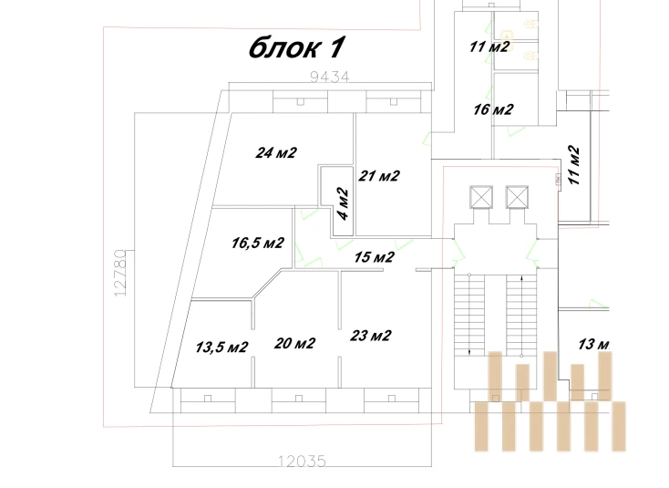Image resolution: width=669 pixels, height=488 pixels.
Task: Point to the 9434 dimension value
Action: point(330,78)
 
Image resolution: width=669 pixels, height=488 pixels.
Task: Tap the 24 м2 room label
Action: point(277,152)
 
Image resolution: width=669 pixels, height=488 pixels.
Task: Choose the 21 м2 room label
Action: point(379,175)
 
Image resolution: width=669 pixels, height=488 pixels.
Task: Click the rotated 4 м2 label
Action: point(343,205)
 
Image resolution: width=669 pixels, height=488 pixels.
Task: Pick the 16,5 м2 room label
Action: point(258,244)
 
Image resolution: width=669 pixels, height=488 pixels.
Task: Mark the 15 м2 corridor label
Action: point(374,257)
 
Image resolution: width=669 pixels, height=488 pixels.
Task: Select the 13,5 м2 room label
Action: point(222,347)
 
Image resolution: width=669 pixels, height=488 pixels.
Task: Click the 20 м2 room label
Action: point(294,343)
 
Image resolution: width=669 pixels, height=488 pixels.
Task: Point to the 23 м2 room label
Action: point(371,335)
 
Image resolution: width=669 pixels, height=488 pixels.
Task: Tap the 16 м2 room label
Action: point(493,110)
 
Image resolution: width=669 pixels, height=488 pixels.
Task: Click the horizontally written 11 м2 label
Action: point(489,47)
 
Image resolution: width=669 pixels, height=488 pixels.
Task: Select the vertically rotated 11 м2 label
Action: point(574,164)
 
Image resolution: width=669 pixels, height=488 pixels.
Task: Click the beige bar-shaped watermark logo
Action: point(549,401)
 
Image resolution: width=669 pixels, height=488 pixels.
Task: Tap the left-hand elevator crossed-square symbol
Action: point(479,197)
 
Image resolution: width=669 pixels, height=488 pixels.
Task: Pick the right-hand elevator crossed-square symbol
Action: point(517,197)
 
